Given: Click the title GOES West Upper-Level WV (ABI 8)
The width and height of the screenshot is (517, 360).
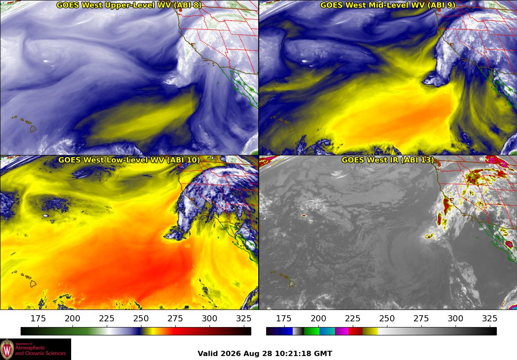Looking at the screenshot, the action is [x=129, y=5].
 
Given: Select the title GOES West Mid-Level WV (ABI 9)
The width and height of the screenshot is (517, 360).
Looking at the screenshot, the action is [x=388, y=5].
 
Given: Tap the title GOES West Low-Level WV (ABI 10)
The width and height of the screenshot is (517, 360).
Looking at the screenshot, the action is [x=129, y=160].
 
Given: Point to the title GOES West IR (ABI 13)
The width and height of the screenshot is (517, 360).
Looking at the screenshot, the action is [x=388, y=160].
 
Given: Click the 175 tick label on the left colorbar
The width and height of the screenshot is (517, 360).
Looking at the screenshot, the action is [x=38, y=318].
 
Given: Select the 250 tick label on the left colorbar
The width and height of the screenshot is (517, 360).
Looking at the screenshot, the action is [x=141, y=318].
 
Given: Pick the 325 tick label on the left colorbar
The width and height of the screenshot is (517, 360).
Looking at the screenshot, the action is [x=244, y=318].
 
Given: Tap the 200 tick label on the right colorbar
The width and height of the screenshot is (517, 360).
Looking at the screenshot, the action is [x=318, y=318].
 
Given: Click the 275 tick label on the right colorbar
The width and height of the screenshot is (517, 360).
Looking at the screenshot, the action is [x=421, y=318].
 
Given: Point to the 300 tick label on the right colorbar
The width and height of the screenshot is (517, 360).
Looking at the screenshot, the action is [x=456, y=318].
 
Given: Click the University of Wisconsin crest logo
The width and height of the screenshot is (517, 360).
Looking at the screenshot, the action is [x=7, y=349].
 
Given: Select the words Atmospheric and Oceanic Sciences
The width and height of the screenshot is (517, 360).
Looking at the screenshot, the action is [x=40, y=350].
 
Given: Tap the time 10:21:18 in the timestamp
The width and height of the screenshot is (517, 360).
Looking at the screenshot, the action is [x=293, y=354].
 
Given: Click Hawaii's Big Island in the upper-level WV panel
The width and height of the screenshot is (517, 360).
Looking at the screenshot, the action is [x=33, y=129].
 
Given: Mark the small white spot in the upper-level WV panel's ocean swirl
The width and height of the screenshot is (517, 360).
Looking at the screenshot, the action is [x=45, y=61].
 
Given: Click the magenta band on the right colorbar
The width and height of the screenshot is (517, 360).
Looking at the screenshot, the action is [x=342, y=331].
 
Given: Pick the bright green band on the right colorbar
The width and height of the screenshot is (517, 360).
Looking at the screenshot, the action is [x=311, y=331].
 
